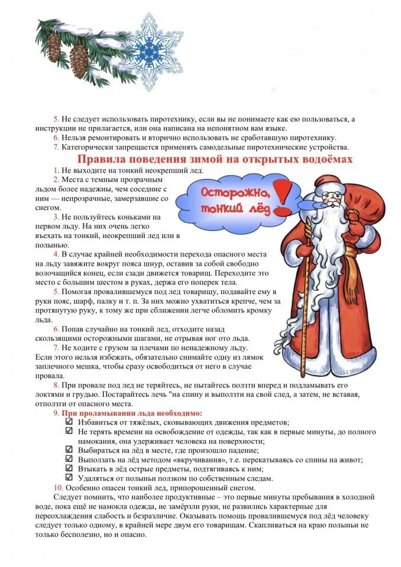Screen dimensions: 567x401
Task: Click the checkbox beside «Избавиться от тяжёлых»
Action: (69, 422)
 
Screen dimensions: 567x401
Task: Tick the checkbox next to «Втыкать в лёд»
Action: (69, 468)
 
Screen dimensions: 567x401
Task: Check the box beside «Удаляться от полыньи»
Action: (69, 478)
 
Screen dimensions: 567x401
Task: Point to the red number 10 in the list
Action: (58, 488)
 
